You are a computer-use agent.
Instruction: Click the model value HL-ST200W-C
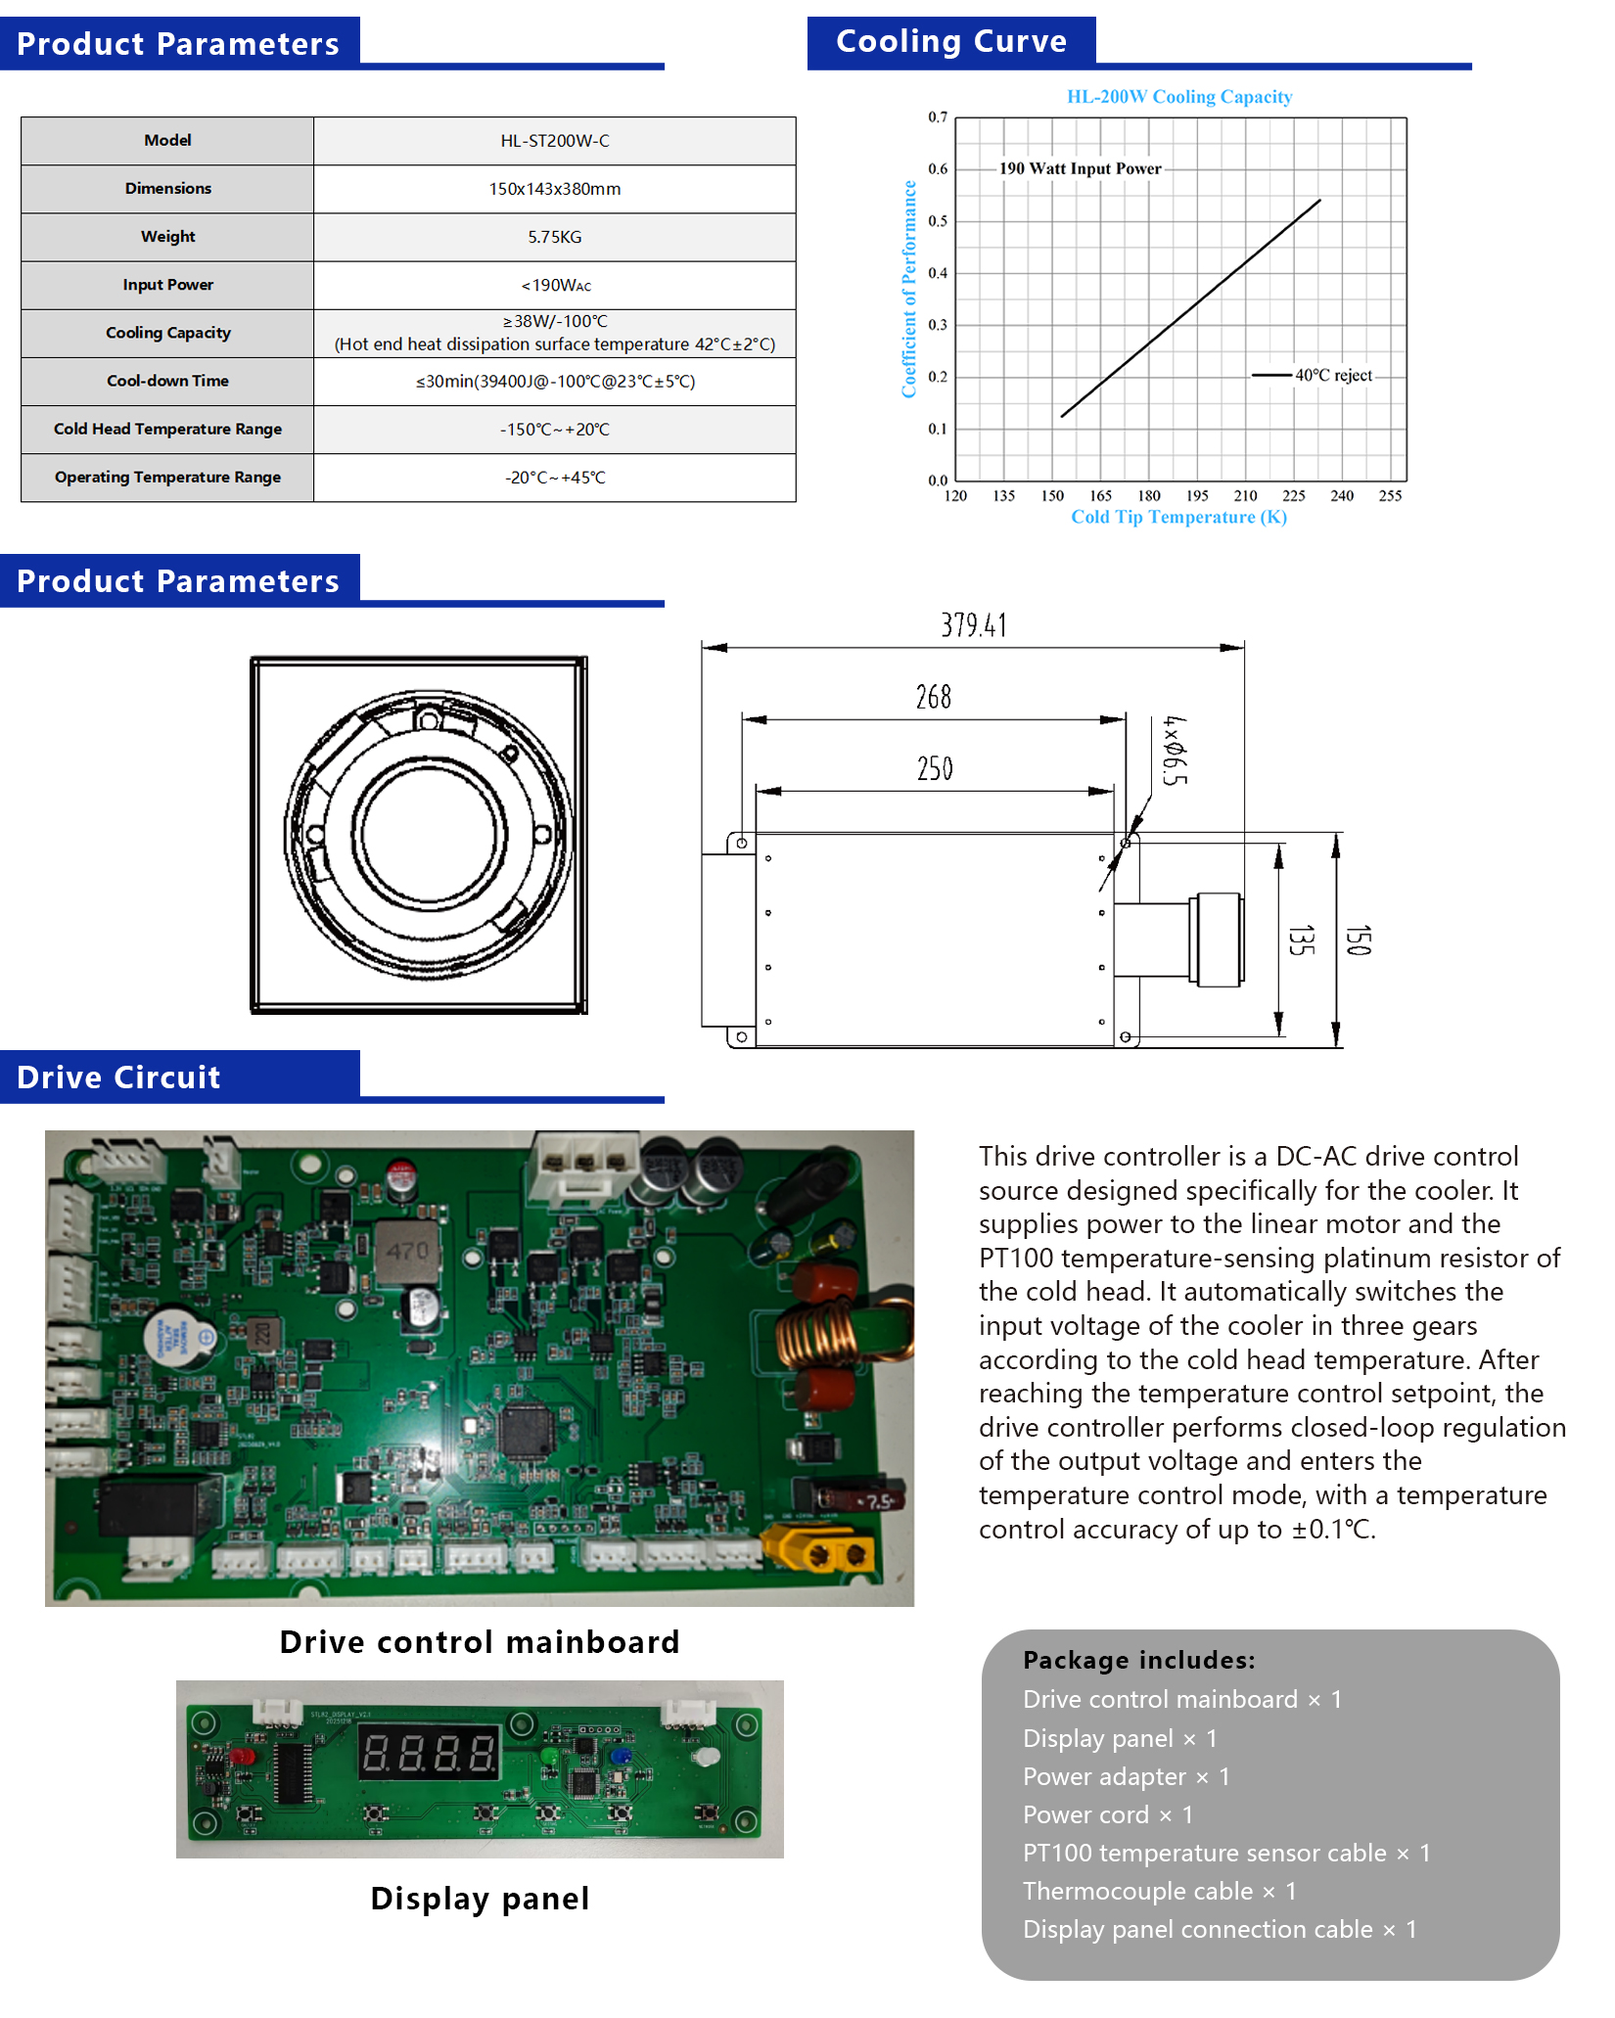click(x=554, y=141)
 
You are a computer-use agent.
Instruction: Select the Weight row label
click(x=167, y=237)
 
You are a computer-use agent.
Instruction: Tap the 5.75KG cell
click(x=554, y=237)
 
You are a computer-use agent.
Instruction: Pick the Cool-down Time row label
click(x=167, y=381)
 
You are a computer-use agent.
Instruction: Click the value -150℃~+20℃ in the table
click(x=554, y=430)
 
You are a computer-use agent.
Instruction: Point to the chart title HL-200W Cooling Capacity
click(x=1178, y=97)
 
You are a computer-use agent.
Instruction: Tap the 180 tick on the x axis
click(x=1149, y=496)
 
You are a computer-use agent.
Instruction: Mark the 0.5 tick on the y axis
click(x=938, y=221)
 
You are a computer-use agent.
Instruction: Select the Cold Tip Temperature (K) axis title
click(x=1178, y=517)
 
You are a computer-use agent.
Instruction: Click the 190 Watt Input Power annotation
click(x=1080, y=168)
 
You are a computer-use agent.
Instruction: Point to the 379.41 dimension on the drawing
click(x=973, y=625)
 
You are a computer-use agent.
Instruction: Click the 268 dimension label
click(x=933, y=698)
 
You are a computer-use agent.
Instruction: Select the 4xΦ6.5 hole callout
click(x=1174, y=751)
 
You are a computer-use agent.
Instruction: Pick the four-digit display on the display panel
click(x=430, y=1753)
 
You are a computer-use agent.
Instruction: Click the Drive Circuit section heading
click(x=119, y=1078)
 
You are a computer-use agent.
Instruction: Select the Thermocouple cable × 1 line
click(x=1159, y=1891)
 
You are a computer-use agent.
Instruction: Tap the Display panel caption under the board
click(x=480, y=1899)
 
